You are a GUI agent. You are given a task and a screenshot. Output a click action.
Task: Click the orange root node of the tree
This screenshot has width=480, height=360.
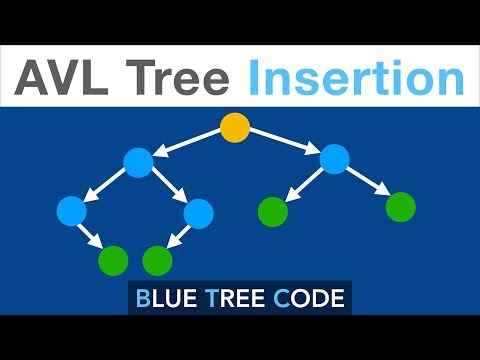[x=234, y=128]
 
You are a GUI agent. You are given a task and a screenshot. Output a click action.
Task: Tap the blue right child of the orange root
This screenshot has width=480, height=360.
[x=334, y=158]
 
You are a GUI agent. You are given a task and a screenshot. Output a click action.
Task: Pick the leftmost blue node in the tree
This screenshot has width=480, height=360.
[x=71, y=210]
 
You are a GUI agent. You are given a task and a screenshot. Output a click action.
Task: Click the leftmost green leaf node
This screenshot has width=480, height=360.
[x=114, y=260]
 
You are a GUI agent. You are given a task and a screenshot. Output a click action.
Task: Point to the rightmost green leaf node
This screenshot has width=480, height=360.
[x=400, y=207]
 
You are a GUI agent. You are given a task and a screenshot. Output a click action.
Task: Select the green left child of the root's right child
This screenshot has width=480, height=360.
[x=273, y=211]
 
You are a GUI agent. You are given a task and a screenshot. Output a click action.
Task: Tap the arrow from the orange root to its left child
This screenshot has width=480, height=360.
[x=187, y=144]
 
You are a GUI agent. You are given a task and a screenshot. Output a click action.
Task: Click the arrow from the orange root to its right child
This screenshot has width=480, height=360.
[x=284, y=143]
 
